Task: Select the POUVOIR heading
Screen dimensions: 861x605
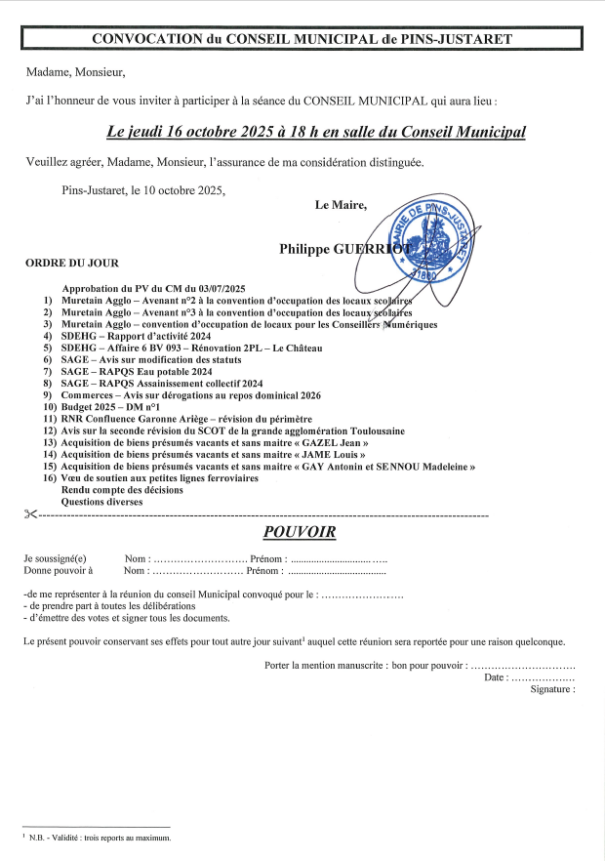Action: tap(300, 532)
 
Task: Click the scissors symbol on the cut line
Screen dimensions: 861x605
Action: tap(30, 513)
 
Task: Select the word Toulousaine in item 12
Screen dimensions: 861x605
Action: tap(369, 431)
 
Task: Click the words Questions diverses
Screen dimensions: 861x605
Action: tap(101, 502)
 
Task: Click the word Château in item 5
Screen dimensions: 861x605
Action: tap(301, 348)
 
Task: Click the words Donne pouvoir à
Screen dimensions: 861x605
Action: tap(58, 571)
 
